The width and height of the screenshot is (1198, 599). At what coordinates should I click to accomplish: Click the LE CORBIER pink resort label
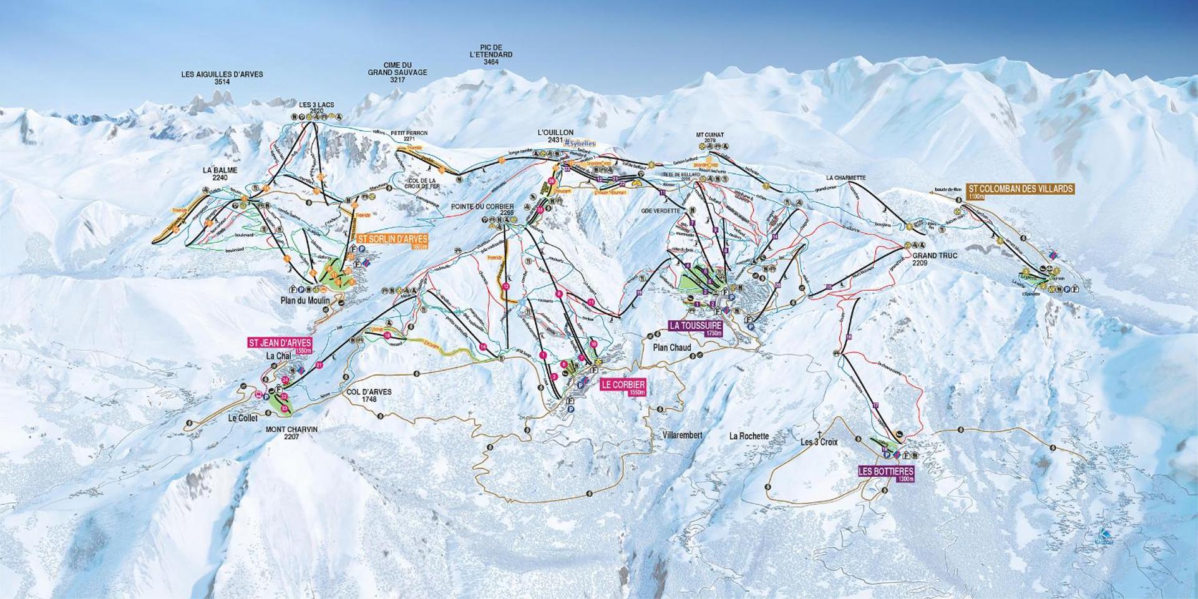(x=623, y=386)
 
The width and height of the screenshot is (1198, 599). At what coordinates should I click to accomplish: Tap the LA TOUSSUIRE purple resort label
(x=696, y=327)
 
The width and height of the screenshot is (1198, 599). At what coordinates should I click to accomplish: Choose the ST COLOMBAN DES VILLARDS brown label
(x=1021, y=190)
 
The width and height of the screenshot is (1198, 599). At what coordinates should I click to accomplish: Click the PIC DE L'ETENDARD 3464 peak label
(x=491, y=55)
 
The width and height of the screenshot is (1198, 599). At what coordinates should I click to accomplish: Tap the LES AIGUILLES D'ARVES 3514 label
(x=222, y=77)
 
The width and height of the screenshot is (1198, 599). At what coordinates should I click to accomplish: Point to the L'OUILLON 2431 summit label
(x=555, y=137)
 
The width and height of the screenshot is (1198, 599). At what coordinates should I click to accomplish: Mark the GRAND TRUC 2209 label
(x=934, y=260)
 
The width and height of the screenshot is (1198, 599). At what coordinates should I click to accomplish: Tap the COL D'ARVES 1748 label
(x=368, y=396)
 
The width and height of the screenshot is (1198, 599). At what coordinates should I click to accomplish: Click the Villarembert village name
(x=682, y=435)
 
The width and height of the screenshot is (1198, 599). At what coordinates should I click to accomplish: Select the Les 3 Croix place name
(x=819, y=442)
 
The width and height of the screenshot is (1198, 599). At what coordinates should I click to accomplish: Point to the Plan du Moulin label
(x=304, y=301)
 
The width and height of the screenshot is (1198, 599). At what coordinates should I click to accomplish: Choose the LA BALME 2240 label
(x=220, y=173)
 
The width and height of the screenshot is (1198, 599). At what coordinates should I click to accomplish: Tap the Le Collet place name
(x=243, y=419)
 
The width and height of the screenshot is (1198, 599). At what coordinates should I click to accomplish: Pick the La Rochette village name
(x=749, y=436)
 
